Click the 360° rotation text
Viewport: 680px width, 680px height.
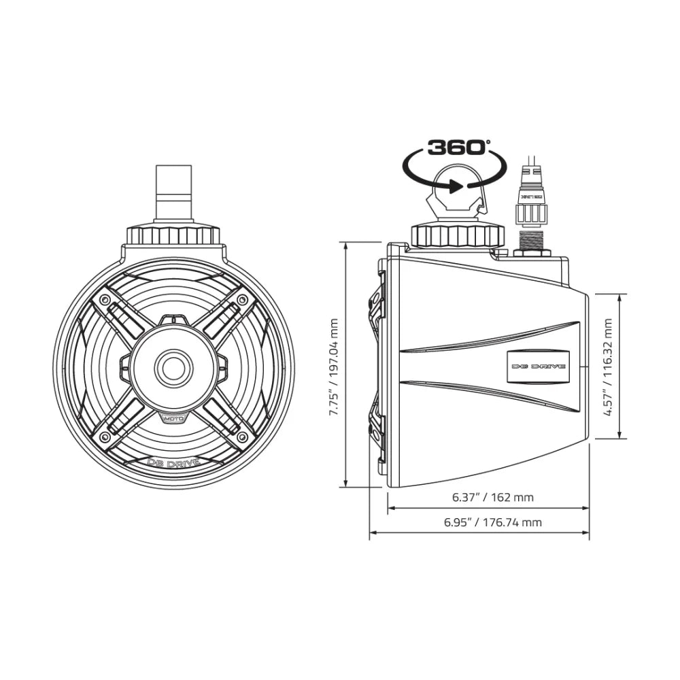(457, 147)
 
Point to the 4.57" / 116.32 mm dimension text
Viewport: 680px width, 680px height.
(608, 367)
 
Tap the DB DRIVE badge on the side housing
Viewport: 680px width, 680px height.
(538, 365)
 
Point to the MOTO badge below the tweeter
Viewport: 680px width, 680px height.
(173, 420)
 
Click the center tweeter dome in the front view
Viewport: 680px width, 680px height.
(174, 368)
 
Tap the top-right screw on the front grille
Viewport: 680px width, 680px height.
(243, 299)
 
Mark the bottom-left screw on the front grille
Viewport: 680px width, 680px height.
(104, 436)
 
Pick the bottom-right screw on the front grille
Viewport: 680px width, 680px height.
(243, 436)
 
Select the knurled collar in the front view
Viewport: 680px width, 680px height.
(174, 236)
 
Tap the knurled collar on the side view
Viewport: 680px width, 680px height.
(458, 237)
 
